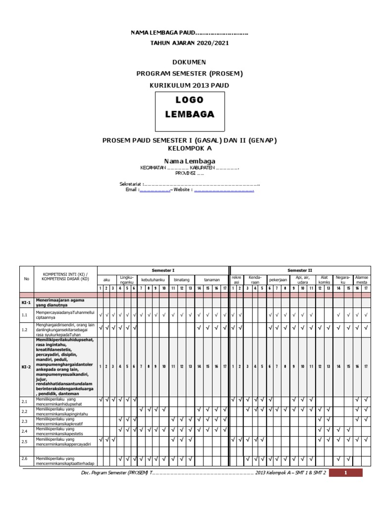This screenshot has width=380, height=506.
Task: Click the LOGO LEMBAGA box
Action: pos(190,107)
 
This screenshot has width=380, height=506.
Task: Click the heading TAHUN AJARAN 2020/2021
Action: pos(190,43)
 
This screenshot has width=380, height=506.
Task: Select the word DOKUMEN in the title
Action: pos(190,62)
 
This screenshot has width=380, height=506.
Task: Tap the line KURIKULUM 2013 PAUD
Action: pos(190,85)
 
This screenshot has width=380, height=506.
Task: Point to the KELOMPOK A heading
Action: pos(190,148)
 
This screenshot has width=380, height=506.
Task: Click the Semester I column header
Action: pos(163,270)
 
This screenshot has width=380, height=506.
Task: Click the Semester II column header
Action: pos(300,270)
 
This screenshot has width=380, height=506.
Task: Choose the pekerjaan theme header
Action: pos(278,280)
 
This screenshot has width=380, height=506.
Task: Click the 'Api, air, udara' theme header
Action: pos(302,280)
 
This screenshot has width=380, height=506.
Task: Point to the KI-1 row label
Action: pos(26,302)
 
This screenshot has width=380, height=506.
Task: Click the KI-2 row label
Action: pos(26,366)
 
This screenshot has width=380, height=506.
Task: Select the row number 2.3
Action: pos(24,421)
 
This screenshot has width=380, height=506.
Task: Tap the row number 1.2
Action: pos(24,330)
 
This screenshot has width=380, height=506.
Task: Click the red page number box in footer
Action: pos(346,473)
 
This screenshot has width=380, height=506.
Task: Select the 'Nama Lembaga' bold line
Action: pos(190,161)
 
